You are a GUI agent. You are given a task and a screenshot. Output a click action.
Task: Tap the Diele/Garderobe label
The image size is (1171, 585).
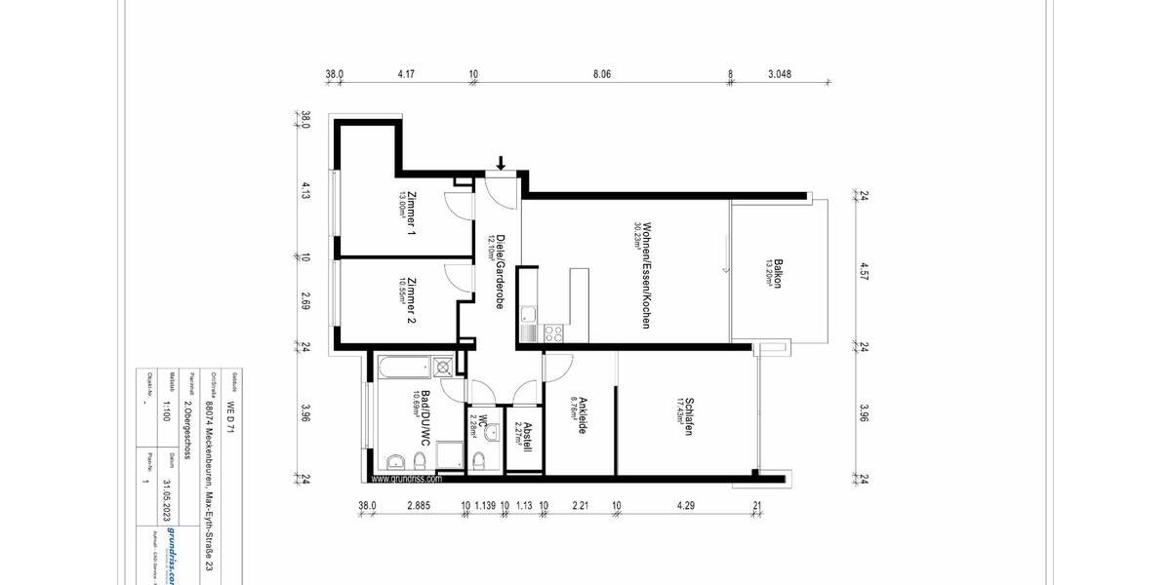coord(498,272)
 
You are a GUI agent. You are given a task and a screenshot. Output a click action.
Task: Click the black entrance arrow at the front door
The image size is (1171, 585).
coord(501,162)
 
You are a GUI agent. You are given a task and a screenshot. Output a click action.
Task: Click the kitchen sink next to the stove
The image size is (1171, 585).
coord(528,314)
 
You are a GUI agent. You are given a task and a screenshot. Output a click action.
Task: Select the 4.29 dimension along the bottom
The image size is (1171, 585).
coord(687,505)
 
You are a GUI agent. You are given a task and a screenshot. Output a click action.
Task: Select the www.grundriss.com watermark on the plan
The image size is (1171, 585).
coord(407,480)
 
